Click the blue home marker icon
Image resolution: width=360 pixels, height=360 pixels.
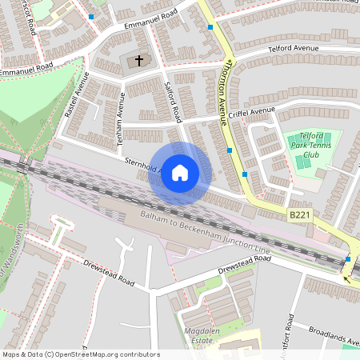tap(180, 173)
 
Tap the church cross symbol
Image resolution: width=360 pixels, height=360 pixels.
tap(138, 60)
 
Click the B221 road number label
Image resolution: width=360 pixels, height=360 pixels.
tap(298, 215)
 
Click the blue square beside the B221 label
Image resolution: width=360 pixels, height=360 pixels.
tap(347, 259)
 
